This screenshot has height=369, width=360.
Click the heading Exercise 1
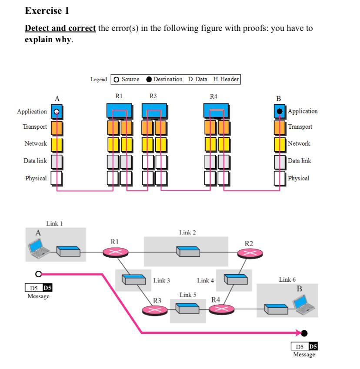(47, 10)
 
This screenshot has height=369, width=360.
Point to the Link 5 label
(188, 295)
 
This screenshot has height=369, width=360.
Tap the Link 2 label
(187, 233)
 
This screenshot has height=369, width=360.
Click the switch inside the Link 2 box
(187, 251)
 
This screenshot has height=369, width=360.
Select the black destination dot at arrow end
(304, 333)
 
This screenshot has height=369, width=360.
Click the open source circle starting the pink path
(39, 274)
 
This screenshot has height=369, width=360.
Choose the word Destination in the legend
(167, 79)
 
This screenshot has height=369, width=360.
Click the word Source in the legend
(130, 79)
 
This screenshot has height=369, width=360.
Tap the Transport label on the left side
(35, 127)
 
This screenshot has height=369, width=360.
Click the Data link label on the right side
(300, 161)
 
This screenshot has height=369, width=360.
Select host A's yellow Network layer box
(57, 144)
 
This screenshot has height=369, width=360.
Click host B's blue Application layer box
(280, 111)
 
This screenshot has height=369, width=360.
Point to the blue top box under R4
(217, 110)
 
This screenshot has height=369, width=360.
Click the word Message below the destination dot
(304, 355)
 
